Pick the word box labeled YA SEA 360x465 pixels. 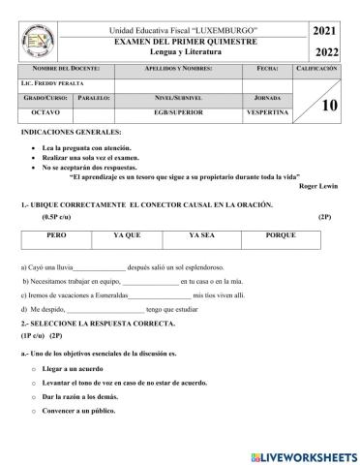(200, 235)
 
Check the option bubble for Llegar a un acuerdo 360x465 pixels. (33, 370)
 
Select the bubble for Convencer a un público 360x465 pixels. (33, 411)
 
